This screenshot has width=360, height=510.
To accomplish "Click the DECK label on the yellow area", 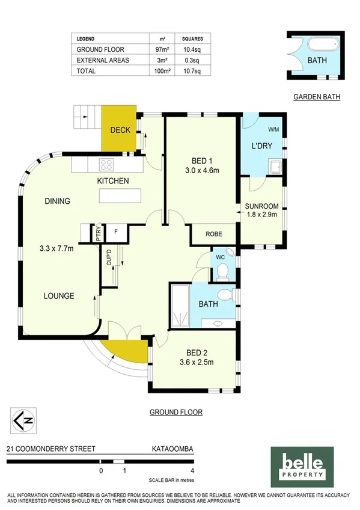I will (x=120, y=129).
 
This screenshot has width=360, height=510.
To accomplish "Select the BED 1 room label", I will (x=202, y=161).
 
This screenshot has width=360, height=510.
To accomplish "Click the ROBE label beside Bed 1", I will (x=215, y=235).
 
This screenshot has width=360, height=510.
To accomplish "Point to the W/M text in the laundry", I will (x=273, y=129).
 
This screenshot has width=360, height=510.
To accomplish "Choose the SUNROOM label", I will (x=262, y=206).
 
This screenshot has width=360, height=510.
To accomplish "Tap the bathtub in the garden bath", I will (x=323, y=45).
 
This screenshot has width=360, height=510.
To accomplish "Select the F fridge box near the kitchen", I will (x=115, y=232).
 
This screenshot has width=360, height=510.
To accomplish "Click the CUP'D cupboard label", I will (x=109, y=257).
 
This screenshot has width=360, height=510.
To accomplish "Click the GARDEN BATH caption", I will (x=317, y=96).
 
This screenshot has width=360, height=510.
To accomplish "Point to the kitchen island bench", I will (x=121, y=196).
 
